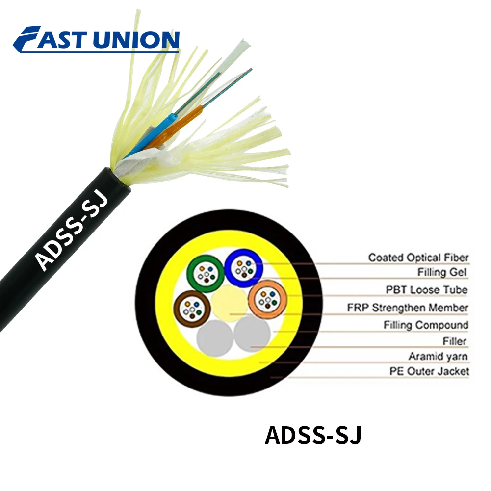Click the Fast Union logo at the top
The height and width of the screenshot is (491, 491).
(x=96, y=39)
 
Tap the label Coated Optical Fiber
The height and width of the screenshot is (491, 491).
(x=418, y=257)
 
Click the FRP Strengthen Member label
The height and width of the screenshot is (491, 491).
(x=407, y=308)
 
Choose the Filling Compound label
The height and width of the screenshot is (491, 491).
(x=426, y=325)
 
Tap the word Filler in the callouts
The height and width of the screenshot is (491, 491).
(x=454, y=341)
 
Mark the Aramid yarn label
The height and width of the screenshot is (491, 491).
(x=438, y=356)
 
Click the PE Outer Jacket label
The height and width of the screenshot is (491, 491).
(x=429, y=371)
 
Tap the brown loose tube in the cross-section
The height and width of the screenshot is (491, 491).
(x=192, y=308)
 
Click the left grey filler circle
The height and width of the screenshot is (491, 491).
(x=214, y=337)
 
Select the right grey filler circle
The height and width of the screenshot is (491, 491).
(x=252, y=335)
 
